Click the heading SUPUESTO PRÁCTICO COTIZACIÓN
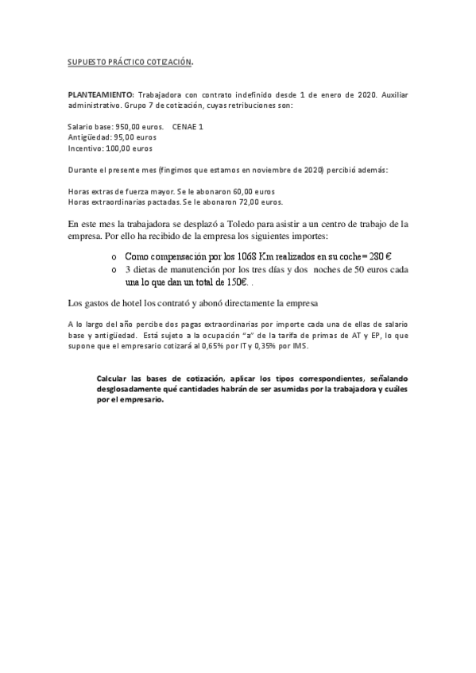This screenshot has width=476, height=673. tap(130, 61)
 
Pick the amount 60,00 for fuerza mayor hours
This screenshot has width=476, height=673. tap(242, 191)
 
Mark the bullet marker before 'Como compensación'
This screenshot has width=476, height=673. tap(114, 257)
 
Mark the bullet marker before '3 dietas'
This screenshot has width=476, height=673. tap(114, 270)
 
